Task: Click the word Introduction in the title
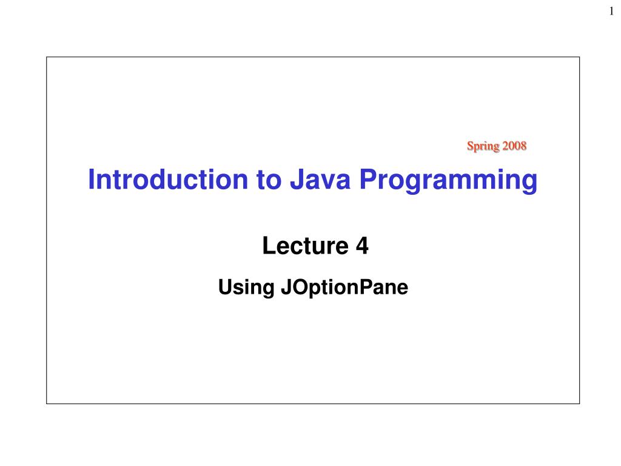pos(168,180)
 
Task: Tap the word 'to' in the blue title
pos(269,180)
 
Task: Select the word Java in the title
pos(320,180)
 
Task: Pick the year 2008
pos(514,146)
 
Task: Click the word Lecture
pos(306,245)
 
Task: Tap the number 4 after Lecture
pos(362,245)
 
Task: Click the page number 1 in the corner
pos(611,11)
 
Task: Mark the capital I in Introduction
pos(91,180)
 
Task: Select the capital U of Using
pos(225,287)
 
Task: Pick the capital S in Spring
pos(471,146)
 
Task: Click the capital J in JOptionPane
pos(286,287)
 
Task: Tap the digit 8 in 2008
pos(523,146)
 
